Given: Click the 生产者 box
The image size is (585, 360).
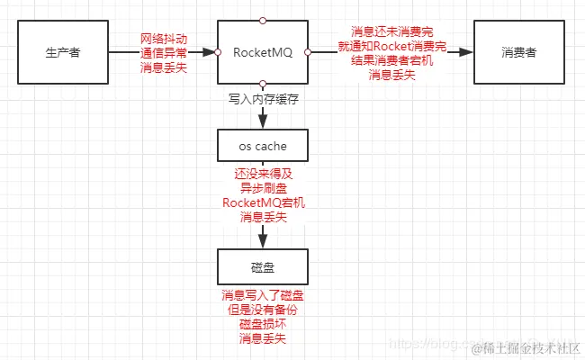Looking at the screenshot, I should click(63, 52).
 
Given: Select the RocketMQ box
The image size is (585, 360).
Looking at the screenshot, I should click(263, 52).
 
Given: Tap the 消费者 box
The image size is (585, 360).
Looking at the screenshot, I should click(519, 52).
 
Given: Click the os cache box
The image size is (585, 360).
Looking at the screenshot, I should click(263, 146).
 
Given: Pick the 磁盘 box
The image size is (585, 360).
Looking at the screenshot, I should click(263, 267).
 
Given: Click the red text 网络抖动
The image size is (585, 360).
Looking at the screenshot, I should click(164, 39).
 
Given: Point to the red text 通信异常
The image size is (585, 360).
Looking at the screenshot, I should click(164, 53).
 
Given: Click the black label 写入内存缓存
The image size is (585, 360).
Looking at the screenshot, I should click(263, 99).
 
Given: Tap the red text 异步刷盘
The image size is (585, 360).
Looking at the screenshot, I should click(263, 188).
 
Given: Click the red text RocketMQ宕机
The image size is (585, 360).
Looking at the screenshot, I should click(263, 202).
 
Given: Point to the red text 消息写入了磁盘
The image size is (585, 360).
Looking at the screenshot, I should click(263, 296).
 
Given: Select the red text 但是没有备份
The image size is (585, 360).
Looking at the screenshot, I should click(263, 310).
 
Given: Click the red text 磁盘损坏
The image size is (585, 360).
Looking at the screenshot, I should click(263, 324).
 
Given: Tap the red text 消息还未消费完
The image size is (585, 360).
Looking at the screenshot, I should click(391, 31).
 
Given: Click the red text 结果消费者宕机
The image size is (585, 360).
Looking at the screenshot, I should click(391, 60).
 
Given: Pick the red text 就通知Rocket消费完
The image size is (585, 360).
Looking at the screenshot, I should click(391, 46).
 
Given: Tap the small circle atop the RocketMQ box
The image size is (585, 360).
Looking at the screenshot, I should click(263, 20).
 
